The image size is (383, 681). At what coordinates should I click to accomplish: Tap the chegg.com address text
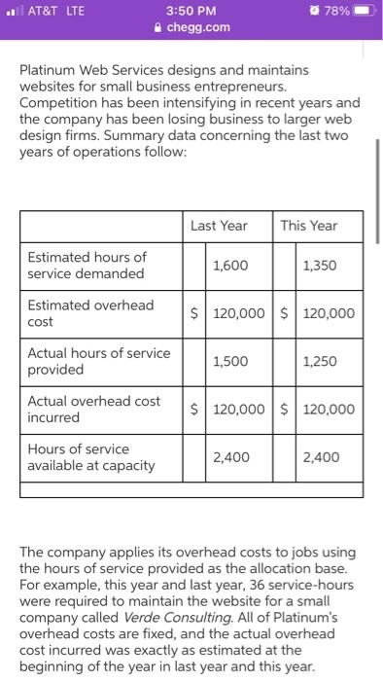point(198,26)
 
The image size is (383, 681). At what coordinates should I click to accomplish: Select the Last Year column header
point(219,226)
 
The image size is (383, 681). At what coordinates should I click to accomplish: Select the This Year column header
point(308,226)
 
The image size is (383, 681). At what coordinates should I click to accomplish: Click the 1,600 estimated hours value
point(229,266)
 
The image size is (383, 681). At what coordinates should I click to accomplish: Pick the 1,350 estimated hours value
point(320,266)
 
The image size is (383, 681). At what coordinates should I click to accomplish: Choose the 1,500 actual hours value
point(229,361)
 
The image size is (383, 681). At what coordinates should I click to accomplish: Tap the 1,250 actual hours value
point(320,361)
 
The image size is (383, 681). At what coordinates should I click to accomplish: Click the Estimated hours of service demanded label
point(87,266)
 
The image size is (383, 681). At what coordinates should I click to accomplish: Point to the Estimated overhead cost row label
point(90,313)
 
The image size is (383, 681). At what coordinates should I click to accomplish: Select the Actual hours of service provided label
point(98,361)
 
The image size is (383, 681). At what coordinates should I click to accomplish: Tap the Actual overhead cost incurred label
point(93,409)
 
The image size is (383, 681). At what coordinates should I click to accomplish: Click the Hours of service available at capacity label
point(90,457)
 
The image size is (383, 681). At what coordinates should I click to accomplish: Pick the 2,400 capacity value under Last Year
point(229,456)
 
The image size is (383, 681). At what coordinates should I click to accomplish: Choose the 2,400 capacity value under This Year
point(320,456)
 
